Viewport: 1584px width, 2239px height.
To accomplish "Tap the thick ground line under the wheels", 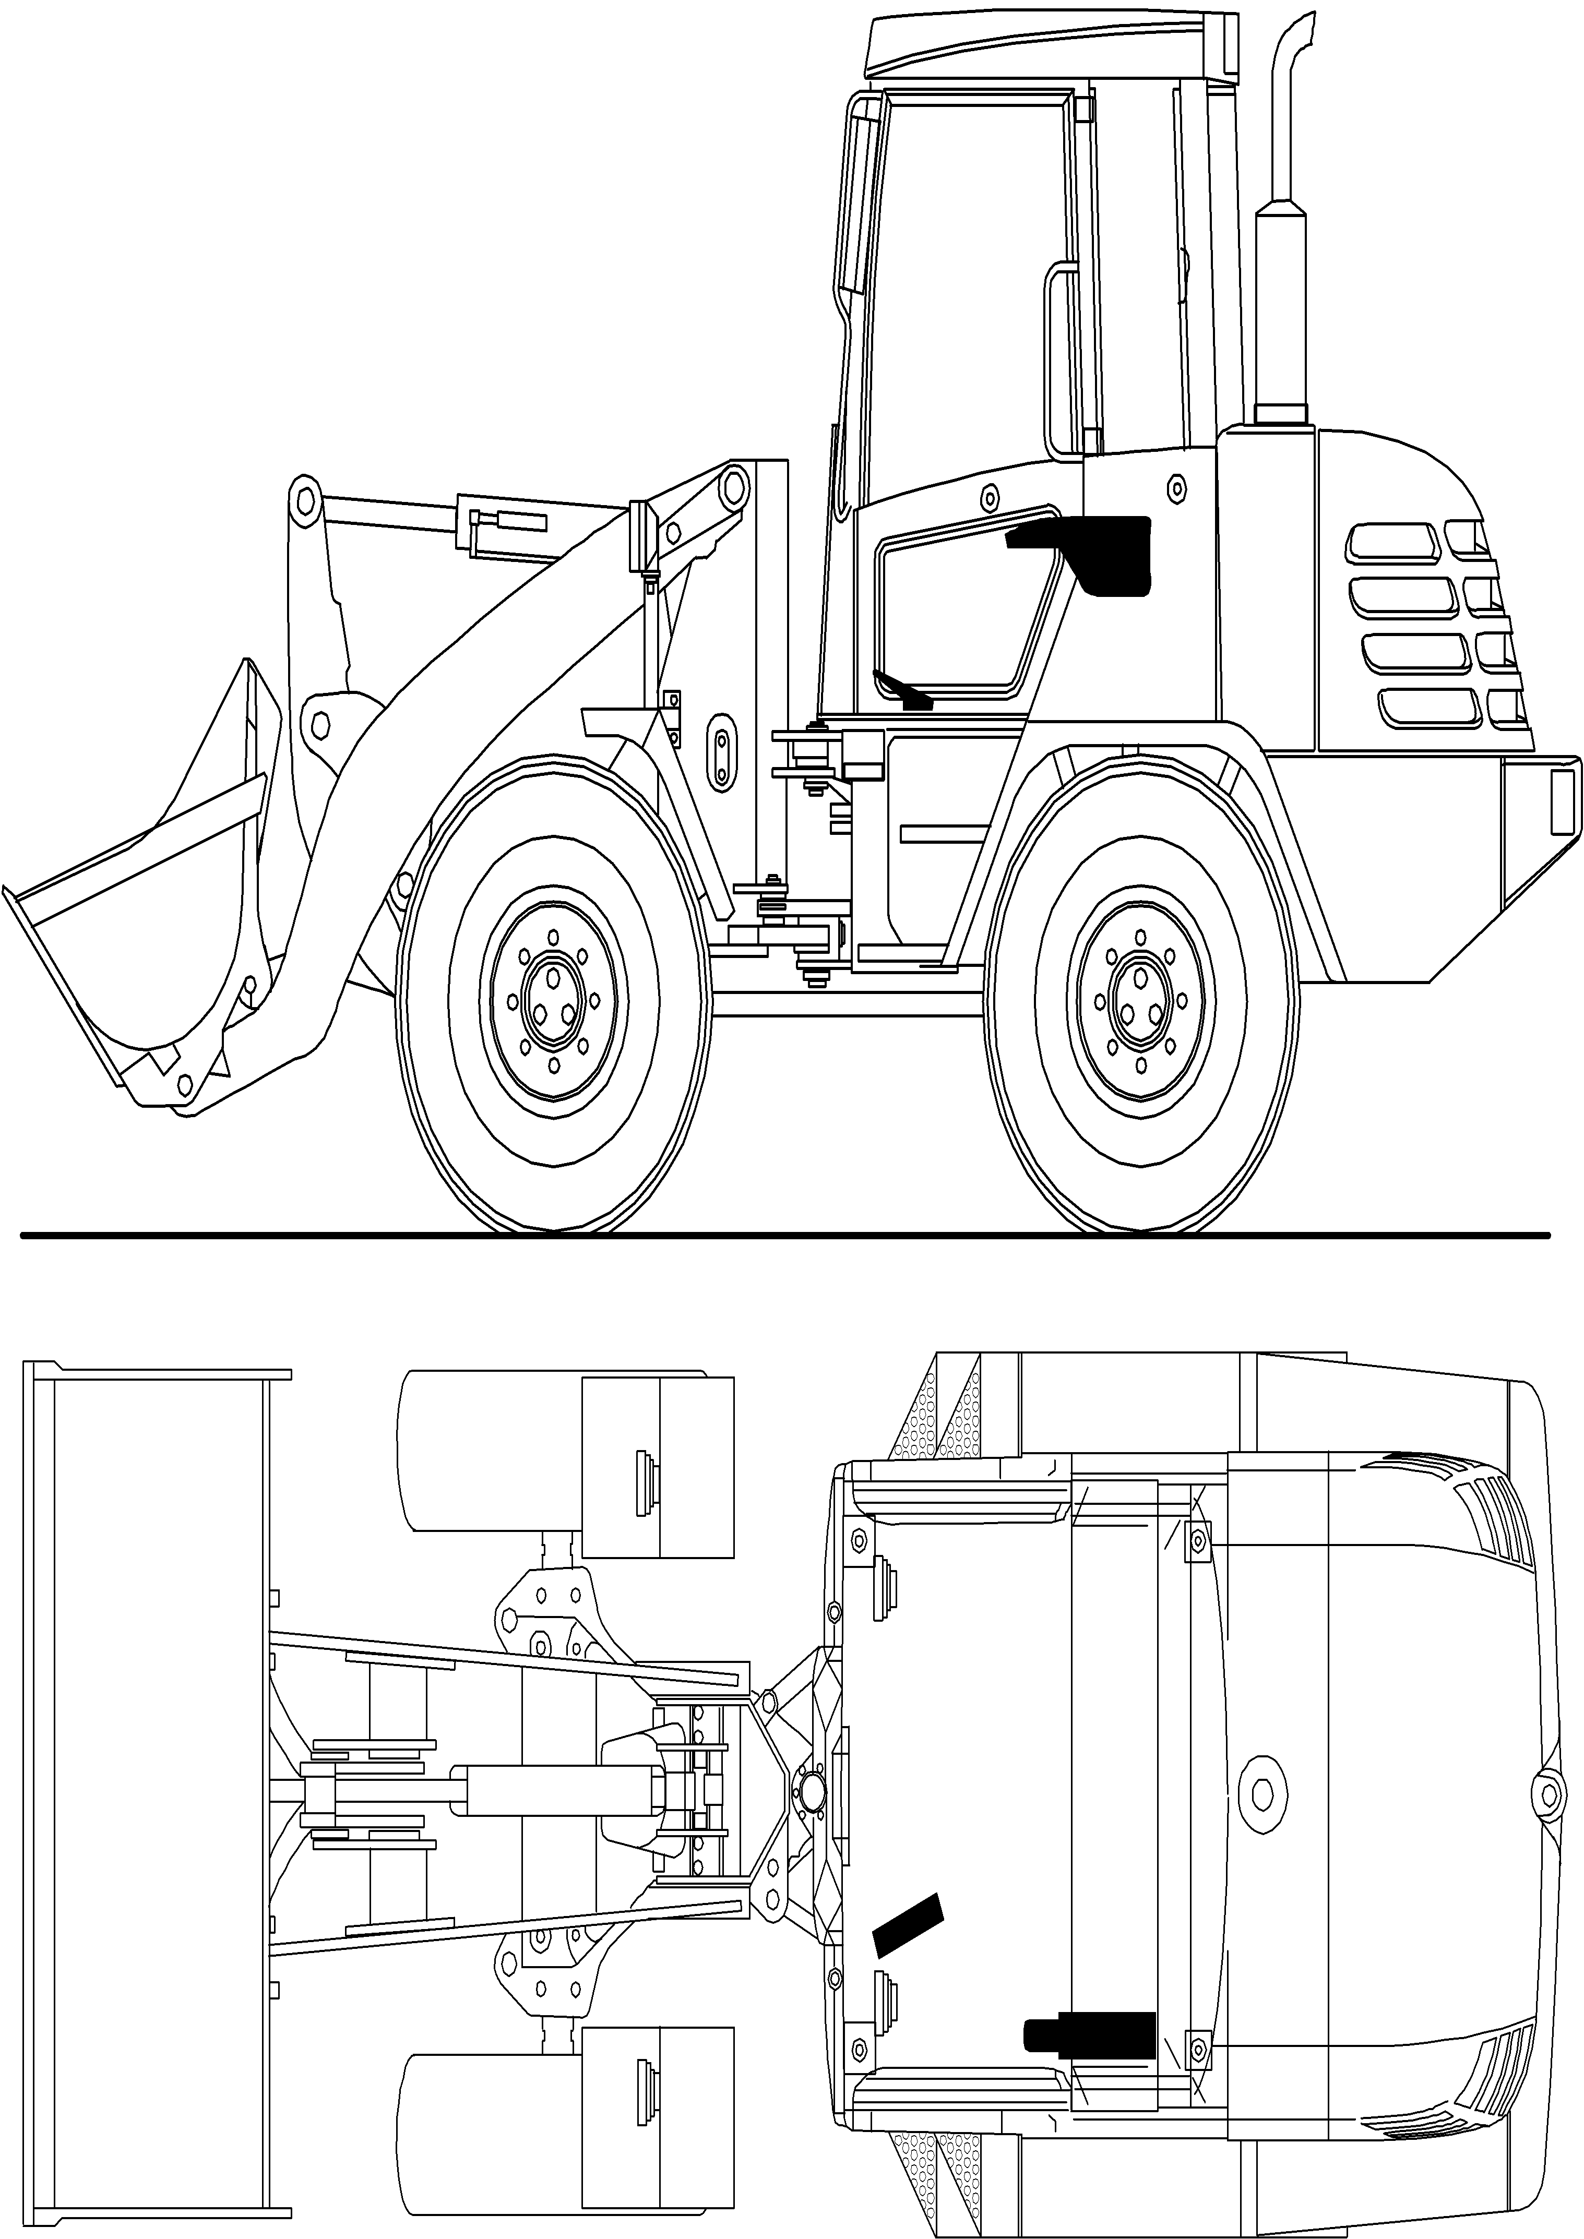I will pyautogui.click(x=780, y=1237).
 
